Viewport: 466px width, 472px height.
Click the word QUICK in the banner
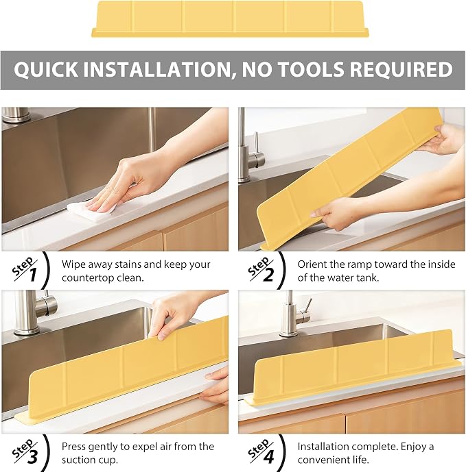click(46, 70)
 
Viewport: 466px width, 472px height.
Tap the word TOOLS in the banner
click(311, 69)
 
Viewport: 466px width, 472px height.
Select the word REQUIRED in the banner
click(401, 69)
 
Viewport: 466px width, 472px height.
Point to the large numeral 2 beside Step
click(268, 275)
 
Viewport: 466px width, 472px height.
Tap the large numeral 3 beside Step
click(32, 457)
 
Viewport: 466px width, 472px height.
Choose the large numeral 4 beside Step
click(268, 457)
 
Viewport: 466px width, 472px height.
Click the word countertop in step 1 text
click(88, 278)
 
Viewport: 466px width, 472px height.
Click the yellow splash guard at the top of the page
click(230, 19)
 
